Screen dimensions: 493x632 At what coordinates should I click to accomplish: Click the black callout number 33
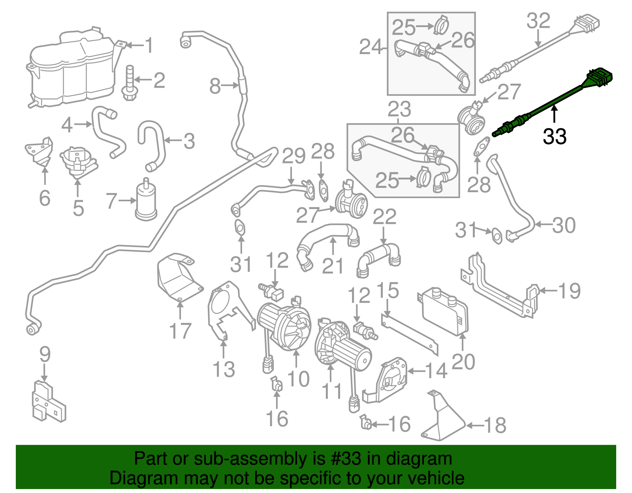[x=555, y=137]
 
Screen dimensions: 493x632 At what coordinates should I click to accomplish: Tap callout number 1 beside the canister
[x=149, y=46]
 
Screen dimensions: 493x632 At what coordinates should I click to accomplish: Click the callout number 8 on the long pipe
[x=215, y=86]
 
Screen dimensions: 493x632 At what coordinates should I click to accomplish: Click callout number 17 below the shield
[x=180, y=331]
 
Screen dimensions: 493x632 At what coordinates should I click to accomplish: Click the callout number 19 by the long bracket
[x=569, y=291]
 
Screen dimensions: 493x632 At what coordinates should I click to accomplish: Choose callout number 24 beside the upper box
[x=371, y=47]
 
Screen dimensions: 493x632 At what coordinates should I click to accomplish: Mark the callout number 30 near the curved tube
[x=564, y=225]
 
